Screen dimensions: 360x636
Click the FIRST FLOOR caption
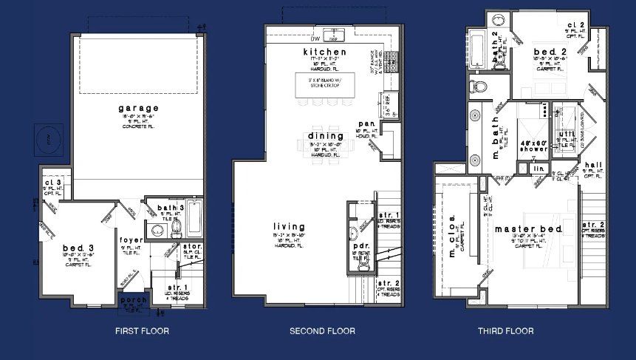[142, 330]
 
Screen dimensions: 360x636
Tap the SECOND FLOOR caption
[322, 330]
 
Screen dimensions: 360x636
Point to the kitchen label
[325, 52]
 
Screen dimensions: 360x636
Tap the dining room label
[325, 137]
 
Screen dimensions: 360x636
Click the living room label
[289, 227]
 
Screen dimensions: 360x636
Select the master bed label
[529, 229]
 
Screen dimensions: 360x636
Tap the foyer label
[131, 240]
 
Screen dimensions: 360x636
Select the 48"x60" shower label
[533, 144]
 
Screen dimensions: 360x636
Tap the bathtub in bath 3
[195, 219]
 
